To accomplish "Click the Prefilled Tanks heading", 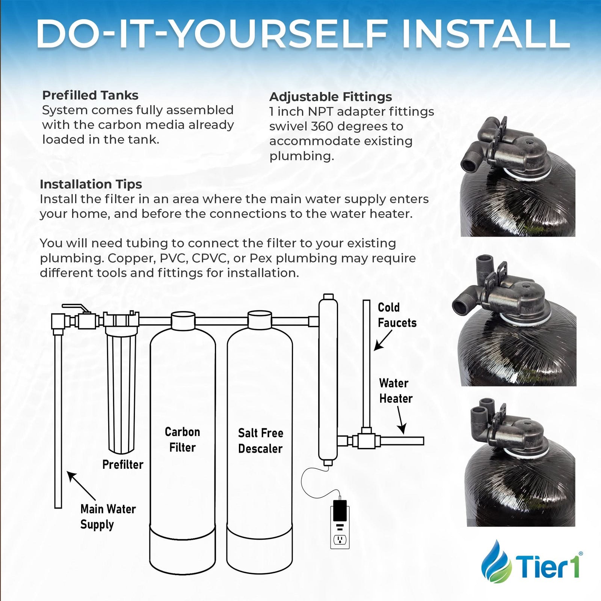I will [x=90, y=95].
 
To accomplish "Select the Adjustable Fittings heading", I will [x=331, y=97].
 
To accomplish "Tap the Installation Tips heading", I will [x=91, y=184].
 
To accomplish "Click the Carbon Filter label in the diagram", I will [x=182, y=439].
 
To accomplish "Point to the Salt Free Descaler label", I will [x=260, y=441].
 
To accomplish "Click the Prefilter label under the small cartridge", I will [x=123, y=465].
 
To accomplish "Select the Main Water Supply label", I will [x=108, y=517].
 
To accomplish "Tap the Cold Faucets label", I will [x=397, y=315].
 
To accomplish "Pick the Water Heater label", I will [x=396, y=391].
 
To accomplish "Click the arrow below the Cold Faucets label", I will [x=383, y=340].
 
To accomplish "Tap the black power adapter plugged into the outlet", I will [x=340, y=508].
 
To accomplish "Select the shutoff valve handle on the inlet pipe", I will [x=77, y=308].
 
